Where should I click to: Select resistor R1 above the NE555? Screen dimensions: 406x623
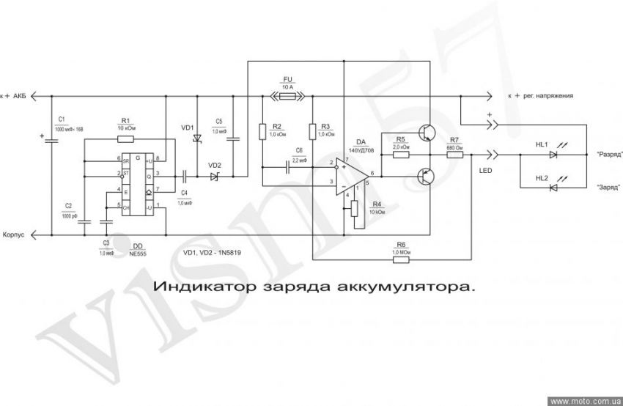click(125, 137)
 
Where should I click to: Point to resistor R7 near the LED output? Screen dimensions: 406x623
click(454, 155)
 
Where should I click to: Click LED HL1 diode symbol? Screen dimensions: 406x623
click(553, 155)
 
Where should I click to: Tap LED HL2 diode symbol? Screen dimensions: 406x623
click(553, 188)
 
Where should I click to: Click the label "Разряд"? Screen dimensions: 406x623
click(610, 155)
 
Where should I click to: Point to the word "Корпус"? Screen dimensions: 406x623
click(14, 235)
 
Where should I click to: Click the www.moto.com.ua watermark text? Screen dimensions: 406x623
click(585, 401)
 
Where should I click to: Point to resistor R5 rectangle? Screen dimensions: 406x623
click(400, 155)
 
